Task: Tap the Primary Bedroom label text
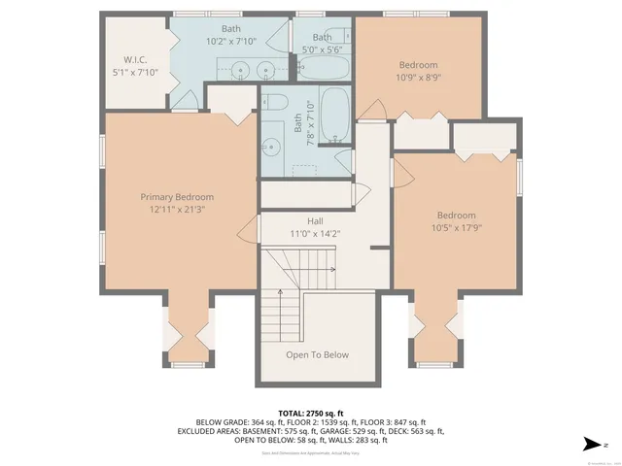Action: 176,197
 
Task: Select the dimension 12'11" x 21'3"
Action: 176,209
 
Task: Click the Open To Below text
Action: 317,354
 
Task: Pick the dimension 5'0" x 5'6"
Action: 321,49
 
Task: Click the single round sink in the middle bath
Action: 273,147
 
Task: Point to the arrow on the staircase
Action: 331,269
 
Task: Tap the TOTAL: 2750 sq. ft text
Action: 310,414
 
